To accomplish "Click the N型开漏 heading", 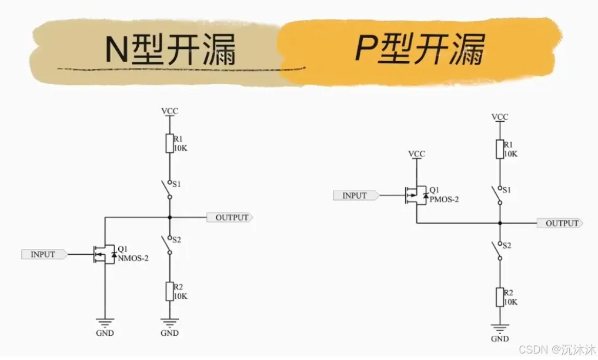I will [170, 49].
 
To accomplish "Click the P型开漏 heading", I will [420, 48].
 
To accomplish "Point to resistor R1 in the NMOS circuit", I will [169, 144].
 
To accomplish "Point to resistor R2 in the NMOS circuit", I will [169, 291].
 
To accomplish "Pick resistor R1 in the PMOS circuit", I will [500, 149].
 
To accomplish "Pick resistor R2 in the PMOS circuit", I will [500, 297].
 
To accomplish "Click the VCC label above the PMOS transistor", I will [416, 154].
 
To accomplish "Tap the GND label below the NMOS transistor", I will [105, 333].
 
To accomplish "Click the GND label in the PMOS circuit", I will [500, 339].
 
